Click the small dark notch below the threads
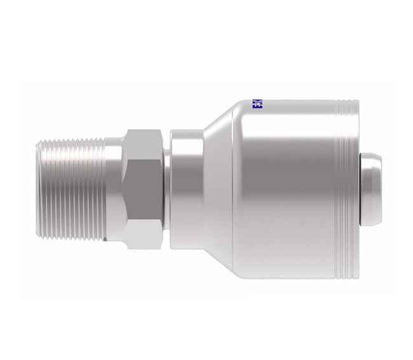pos(105,239)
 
